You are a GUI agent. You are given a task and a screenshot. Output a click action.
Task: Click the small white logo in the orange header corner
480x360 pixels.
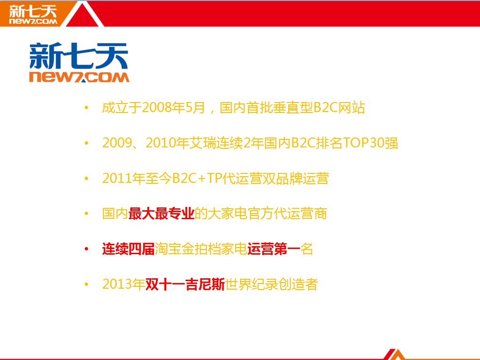tap(33, 14)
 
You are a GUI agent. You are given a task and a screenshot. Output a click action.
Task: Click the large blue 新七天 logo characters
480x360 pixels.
tap(79, 56)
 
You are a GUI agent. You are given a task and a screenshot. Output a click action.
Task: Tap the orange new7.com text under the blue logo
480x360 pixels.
tap(79, 77)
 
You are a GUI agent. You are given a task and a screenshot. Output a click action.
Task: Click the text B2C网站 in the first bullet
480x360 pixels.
tap(339, 107)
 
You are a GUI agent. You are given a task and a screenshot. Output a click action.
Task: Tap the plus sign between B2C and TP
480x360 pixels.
tap(201, 179)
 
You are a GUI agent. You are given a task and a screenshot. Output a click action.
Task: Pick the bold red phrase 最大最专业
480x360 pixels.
tap(161, 214)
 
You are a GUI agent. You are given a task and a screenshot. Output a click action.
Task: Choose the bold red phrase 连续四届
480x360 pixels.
tap(129, 249)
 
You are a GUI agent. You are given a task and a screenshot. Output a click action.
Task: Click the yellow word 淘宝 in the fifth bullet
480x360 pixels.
tap(168, 249)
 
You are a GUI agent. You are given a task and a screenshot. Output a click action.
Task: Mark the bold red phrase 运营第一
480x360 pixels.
tap(274, 249)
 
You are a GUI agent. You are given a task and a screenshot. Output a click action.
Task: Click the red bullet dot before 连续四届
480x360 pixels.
tap(86, 249)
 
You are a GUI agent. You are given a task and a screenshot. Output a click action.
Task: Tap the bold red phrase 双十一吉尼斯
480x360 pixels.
tap(185, 284)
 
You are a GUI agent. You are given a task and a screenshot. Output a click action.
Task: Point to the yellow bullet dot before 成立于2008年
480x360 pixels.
tap(86, 107)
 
